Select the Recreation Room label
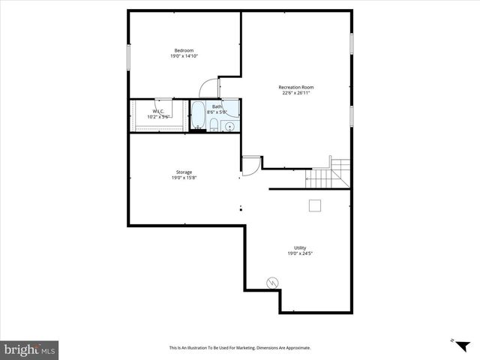[296, 87]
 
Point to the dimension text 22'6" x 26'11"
[296, 93]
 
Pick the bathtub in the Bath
[198, 116]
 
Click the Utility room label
[300, 247]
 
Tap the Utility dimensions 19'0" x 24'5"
[300, 253]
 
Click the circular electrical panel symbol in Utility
[273, 282]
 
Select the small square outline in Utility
[316, 205]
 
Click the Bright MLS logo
[29, 349]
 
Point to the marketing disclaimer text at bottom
[240, 348]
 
